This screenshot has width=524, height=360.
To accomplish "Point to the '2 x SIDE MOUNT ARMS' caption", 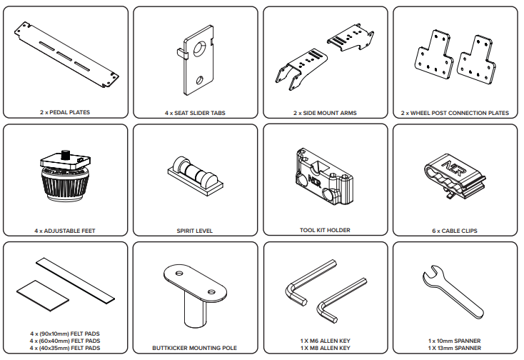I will (x=325, y=112).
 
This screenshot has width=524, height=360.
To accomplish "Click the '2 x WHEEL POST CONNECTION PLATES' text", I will (x=455, y=112).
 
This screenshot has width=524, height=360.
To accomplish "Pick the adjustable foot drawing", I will (x=65, y=179).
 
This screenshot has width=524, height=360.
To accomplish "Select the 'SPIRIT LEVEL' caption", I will (x=195, y=231).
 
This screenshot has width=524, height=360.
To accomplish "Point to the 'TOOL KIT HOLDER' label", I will (x=325, y=231).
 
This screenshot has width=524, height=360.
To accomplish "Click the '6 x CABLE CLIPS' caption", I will (x=455, y=231).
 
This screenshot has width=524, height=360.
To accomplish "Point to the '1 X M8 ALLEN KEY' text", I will (x=325, y=348).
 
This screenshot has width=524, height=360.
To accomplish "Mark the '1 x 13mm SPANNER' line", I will (x=455, y=348).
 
